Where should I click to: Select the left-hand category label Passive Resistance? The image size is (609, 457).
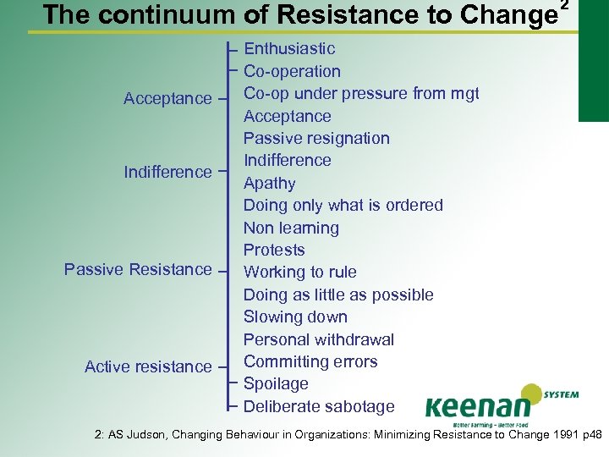pyautogui.click(x=138, y=269)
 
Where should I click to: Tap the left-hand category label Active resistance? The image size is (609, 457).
pyautogui.click(x=148, y=366)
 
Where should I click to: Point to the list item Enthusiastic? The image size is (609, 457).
pyautogui.click(x=289, y=49)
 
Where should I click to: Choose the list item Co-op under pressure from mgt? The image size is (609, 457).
pyautogui.click(x=361, y=94)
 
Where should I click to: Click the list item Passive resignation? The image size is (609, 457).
pyautogui.click(x=316, y=138)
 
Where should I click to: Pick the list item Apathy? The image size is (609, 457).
pyautogui.click(x=269, y=183)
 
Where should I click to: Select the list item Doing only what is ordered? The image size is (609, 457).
pyautogui.click(x=343, y=205)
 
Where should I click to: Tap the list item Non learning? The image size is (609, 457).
pyautogui.click(x=291, y=228)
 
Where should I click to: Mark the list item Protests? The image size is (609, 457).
pyautogui.click(x=274, y=250)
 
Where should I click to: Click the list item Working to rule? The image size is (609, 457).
pyautogui.click(x=299, y=272)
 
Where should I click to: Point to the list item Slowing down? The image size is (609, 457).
pyautogui.click(x=295, y=317)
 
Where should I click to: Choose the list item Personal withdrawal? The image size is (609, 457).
pyautogui.click(x=318, y=339)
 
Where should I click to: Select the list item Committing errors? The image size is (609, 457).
pyautogui.click(x=310, y=361)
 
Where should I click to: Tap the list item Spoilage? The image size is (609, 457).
pyautogui.click(x=276, y=383)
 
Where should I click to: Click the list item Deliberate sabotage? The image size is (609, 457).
pyautogui.click(x=319, y=406)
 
